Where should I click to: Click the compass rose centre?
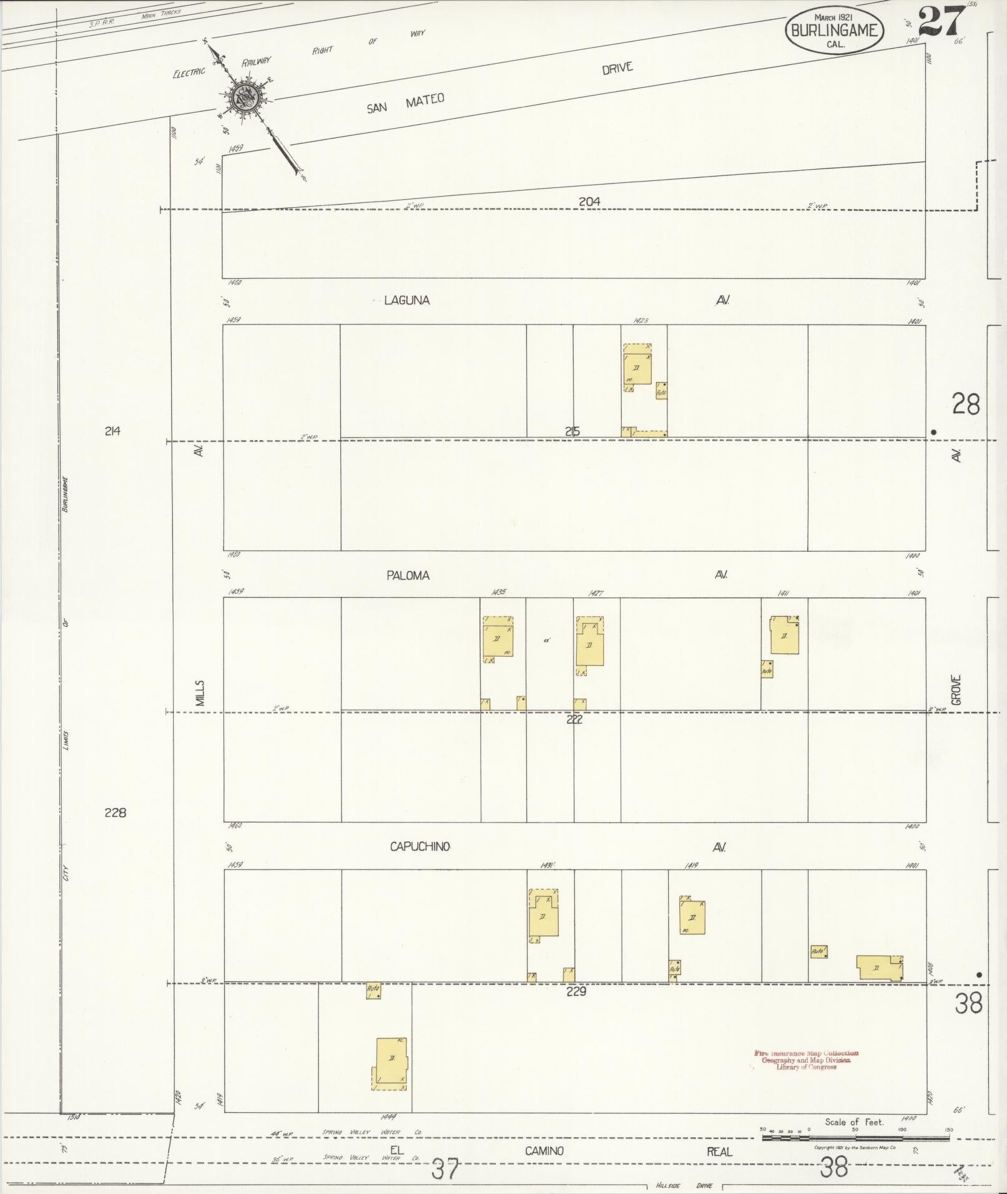[x=243, y=97]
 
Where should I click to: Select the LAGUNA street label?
[x=406, y=300]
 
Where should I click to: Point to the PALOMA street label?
[x=408, y=575]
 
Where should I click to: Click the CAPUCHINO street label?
[x=420, y=847]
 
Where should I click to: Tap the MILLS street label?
[x=200, y=693]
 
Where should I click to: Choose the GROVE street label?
[x=956, y=690]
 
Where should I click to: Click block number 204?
[x=589, y=201]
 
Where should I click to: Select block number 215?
[x=572, y=431]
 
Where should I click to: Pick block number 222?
[x=574, y=720]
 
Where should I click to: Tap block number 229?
[x=576, y=991]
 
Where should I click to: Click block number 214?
[x=112, y=431]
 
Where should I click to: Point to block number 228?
[x=115, y=813]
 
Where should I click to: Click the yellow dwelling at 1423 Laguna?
[x=637, y=369]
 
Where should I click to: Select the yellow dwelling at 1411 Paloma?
[x=784, y=635]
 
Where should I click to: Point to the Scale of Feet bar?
[x=855, y=1138]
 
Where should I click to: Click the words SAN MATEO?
[x=405, y=103]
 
